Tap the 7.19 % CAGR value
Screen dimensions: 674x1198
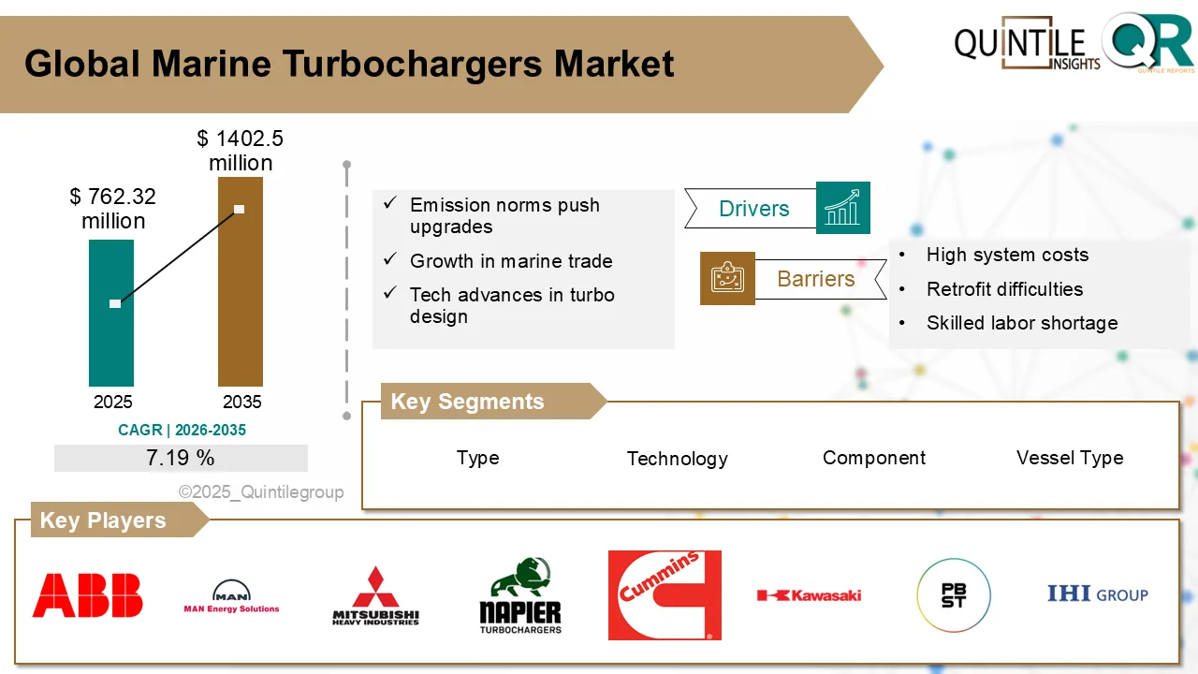pos(181,458)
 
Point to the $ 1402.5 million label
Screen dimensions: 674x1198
pos(241,151)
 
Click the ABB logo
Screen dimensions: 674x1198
pos(88,595)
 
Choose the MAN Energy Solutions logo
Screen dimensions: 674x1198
pos(231,596)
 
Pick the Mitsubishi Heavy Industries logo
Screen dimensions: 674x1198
pos(376,595)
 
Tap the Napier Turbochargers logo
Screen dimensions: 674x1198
pos(520,596)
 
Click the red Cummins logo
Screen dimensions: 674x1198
pos(665,595)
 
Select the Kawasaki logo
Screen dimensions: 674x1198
pos(810,595)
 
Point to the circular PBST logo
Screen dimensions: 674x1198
pos(953,595)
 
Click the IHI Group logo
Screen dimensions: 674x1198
pos(1097,594)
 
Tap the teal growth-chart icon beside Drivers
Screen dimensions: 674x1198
pos(843,208)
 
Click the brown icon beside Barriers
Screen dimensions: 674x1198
pos(727,278)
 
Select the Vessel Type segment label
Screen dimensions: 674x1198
pos(1070,458)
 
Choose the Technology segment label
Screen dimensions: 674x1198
pos(677,459)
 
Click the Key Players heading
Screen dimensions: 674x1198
pos(103,520)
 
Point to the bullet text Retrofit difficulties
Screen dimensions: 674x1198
pos(1004,289)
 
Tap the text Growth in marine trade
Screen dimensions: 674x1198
pos(511,261)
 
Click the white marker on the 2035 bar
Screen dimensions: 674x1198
pos(240,209)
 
